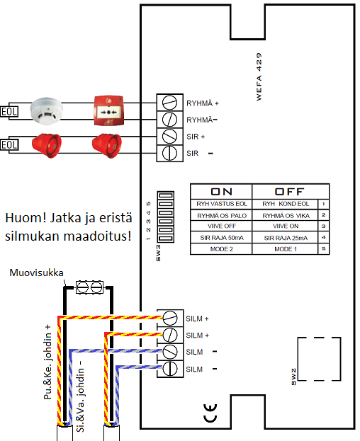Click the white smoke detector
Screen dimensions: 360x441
(x=47, y=110)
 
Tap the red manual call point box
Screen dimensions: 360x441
(x=108, y=111)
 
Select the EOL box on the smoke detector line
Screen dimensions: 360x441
(x=9, y=112)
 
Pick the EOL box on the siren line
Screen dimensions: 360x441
(x=9, y=145)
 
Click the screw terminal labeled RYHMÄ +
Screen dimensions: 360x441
(x=170, y=103)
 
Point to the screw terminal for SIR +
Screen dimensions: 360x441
(x=170, y=137)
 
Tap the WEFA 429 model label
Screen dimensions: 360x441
(x=259, y=76)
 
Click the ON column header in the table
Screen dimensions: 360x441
(x=222, y=192)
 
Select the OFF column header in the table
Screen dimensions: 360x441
(x=290, y=192)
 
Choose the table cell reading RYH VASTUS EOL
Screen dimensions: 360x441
(x=222, y=204)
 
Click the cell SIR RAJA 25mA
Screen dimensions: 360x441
(x=286, y=238)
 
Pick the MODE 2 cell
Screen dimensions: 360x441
(x=222, y=249)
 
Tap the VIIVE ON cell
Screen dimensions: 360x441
(x=286, y=226)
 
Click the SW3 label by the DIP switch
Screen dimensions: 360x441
(x=159, y=253)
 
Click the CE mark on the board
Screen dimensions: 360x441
(x=210, y=413)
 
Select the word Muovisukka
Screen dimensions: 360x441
(x=36, y=273)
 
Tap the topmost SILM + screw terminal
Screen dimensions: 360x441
(x=170, y=318)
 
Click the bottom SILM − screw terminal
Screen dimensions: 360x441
(x=170, y=368)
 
